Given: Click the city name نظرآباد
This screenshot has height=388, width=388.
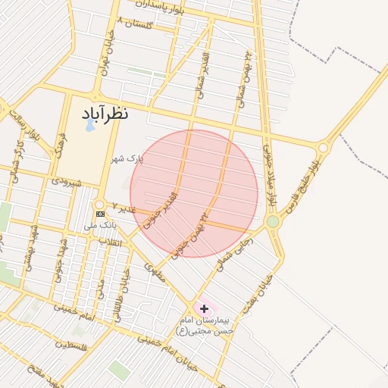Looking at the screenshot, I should (x=105, y=114).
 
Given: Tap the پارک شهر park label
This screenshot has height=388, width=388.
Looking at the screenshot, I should (x=126, y=158).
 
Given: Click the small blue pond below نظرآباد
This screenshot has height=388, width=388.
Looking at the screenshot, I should (x=91, y=126).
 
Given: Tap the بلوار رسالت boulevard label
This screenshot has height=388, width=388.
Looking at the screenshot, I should (x=23, y=126).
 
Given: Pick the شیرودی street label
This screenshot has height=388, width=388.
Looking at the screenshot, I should (x=66, y=181).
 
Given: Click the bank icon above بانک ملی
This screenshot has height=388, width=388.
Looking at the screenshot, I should (x=100, y=214).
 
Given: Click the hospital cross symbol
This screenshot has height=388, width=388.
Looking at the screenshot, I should (x=204, y=308).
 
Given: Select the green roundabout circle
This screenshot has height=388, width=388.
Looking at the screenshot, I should (x=273, y=221).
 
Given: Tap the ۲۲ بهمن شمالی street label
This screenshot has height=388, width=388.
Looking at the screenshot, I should (x=246, y=69).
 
